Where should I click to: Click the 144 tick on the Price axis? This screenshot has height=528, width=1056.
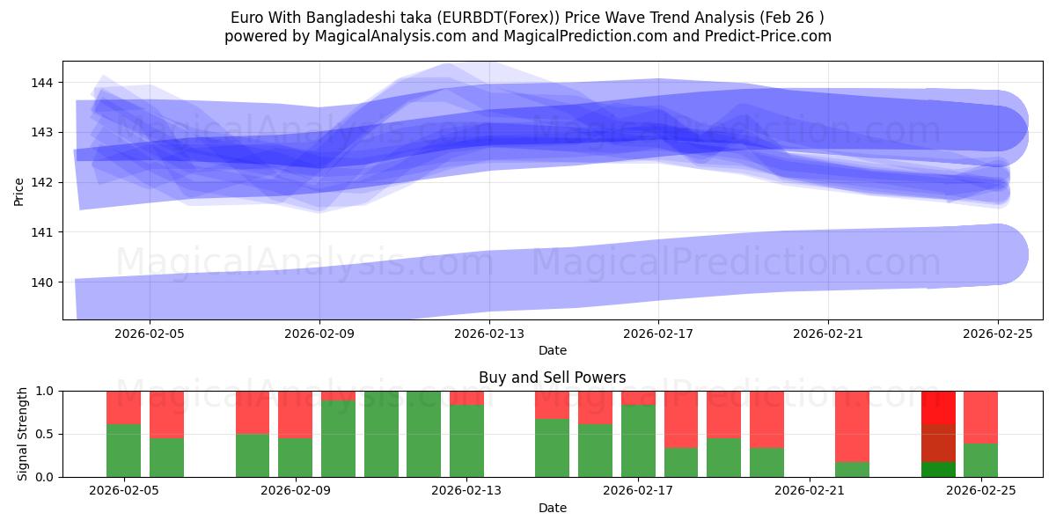pyautogui.click(x=42, y=83)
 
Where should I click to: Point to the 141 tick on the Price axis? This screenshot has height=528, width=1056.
pyautogui.click(x=42, y=232)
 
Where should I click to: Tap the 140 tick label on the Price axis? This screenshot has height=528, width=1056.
pyautogui.click(x=42, y=282)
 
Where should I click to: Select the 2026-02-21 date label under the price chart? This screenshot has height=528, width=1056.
pyautogui.click(x=828, y=334)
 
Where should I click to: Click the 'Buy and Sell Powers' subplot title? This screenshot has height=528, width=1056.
pyautogui.click(x=552, y=378)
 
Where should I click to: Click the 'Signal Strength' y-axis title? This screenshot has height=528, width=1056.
pyautogui.click(x=24, y=434)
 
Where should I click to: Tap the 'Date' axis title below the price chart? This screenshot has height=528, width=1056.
pyautogui.click(x=552, y=350)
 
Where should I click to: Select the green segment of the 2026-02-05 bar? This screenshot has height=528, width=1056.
pyautogui.click(x=123, y=451)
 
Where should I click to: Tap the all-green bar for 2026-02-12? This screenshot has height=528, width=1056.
pyautogui.click(x=423, y=434)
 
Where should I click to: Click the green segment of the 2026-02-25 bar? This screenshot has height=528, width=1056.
pyautogui.click(x=980, y=460)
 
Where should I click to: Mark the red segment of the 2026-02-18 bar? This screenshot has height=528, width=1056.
pyautogui.click(x=681, y=419)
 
